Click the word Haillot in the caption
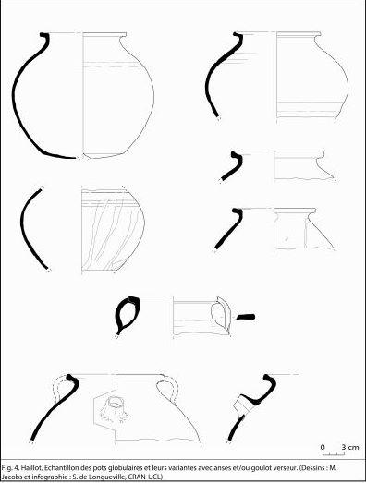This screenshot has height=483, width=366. click(32, 468)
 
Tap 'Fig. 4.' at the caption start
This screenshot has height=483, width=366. click(11, 468)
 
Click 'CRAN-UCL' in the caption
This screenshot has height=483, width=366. click(145, 477)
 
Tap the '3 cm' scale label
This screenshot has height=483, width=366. click(350, 447)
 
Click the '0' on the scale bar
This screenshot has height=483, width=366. click(323, 447)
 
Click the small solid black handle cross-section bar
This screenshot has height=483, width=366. click(246, 317)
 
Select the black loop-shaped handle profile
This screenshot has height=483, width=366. click(127, 315)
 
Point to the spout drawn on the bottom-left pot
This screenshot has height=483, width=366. click(116, 408)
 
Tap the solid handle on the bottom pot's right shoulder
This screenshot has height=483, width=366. click(168, 389)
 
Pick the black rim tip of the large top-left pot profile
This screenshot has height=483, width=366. click(45, 35)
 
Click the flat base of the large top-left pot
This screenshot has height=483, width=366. click(104, 156)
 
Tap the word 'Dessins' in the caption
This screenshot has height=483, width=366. click(311, 468)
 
